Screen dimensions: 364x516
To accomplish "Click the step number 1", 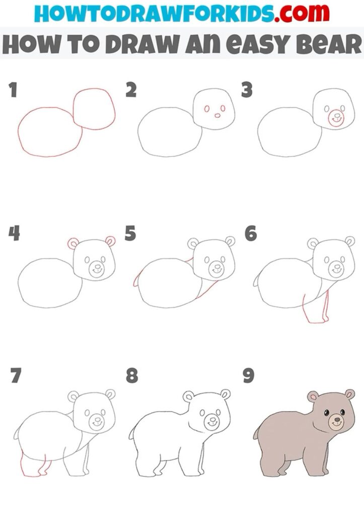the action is [13, 90].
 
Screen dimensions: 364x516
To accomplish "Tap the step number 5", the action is [130, 233].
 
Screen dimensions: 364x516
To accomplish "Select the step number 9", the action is [249, 375].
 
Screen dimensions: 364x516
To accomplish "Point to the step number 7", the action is [16, 375].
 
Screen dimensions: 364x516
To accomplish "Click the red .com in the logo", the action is [302, 13].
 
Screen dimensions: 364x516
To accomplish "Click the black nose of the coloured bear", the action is [337, 419].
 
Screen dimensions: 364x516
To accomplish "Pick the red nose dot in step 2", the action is [217, 115].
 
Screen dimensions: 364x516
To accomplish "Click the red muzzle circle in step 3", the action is [336, 118].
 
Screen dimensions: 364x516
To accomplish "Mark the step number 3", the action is [247, 90].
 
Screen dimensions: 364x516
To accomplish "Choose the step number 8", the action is [132, 375].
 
